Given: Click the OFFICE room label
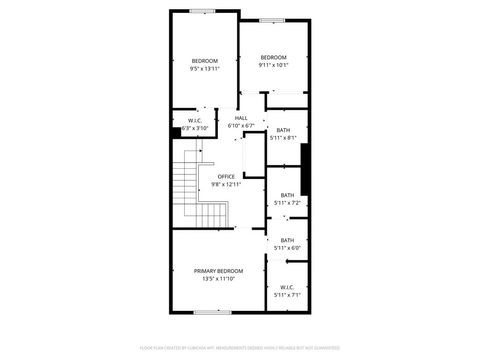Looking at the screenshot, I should click(226, 176).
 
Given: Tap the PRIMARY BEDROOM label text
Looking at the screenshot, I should click(218, 271).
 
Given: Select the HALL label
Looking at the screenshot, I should click(241, 118).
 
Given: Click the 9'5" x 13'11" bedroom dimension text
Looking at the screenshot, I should click(205, 69).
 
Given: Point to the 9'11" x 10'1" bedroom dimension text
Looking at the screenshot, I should click(273, 65).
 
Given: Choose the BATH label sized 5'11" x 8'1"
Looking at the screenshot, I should click(283, 130).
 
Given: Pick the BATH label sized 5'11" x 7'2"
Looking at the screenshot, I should click(287, 195).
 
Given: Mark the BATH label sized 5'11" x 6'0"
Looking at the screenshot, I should click(287, 240).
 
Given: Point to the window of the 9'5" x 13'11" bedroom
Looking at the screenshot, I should click(203, 11).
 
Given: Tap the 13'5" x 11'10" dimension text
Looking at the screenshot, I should click(218, 279).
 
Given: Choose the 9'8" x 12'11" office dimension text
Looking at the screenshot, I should click(226, 184).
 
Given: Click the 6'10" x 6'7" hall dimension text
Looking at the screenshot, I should click(241, 126).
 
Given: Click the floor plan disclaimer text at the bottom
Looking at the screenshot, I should click(239, 348).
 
